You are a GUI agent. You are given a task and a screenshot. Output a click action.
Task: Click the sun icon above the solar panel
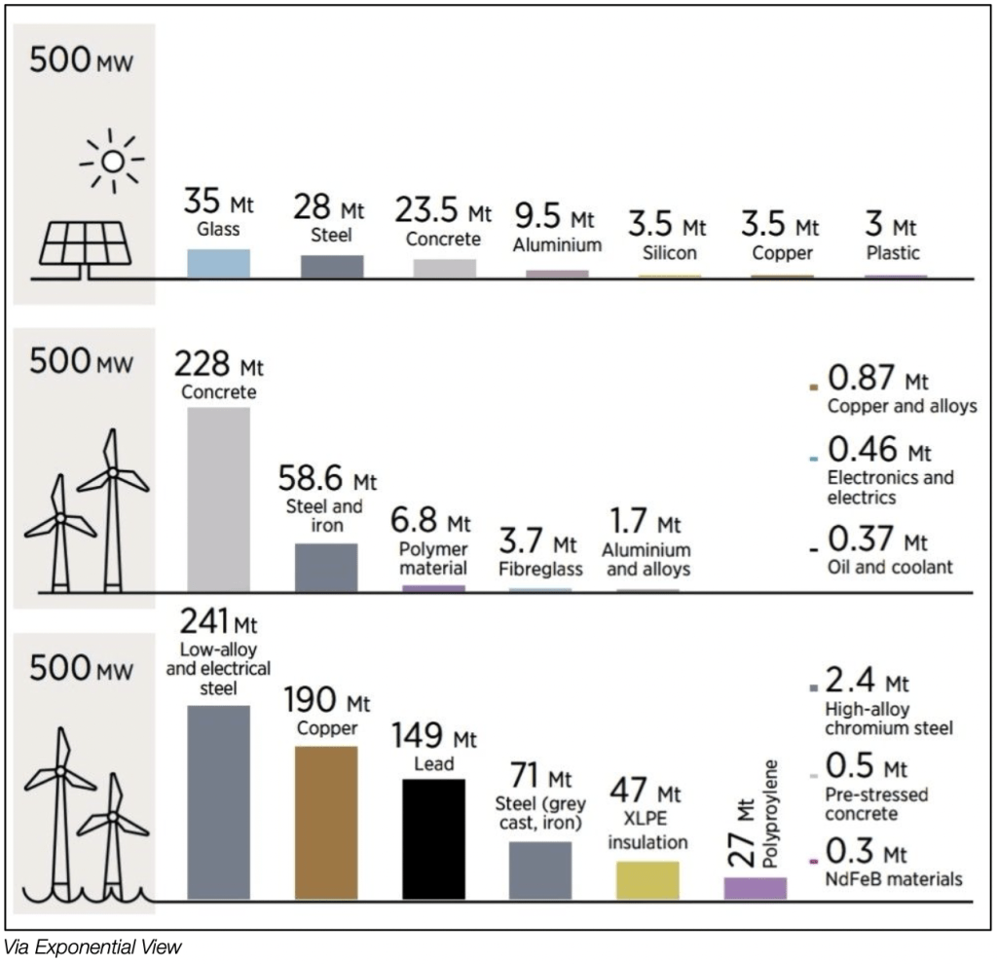point(112,159)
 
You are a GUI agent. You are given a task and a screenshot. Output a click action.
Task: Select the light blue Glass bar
point(218,264)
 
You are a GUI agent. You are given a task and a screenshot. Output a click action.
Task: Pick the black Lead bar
point(433,838)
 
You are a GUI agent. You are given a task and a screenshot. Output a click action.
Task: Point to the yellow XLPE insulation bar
point(647,879)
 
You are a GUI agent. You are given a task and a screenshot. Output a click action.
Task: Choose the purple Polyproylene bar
point(755,888)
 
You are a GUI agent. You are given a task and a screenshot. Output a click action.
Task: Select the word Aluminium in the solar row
point(557,245)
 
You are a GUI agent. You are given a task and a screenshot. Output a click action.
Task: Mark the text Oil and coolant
point(890,567)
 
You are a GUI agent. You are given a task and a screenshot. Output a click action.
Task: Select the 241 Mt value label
point(220,619)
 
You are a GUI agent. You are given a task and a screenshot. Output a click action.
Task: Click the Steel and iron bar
point(326,567)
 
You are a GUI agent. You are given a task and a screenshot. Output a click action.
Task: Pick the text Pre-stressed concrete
point(876,803)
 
